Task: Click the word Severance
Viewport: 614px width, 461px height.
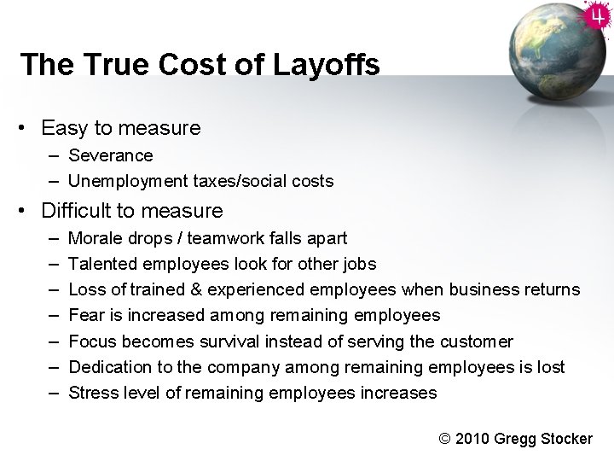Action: coord(111,155)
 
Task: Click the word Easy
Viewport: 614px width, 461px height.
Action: coord(64,128)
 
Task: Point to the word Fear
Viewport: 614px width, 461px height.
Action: coord(85,315)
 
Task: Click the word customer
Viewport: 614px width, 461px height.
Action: coord(477,341)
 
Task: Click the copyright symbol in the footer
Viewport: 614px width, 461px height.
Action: coord(445,439)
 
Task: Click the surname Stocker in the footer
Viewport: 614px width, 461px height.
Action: coord(565,439)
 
